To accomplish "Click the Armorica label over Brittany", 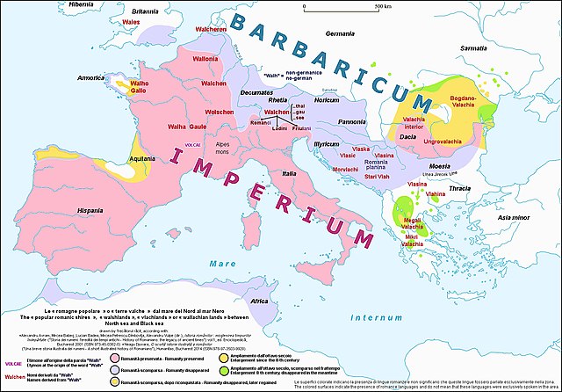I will (93, 77).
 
